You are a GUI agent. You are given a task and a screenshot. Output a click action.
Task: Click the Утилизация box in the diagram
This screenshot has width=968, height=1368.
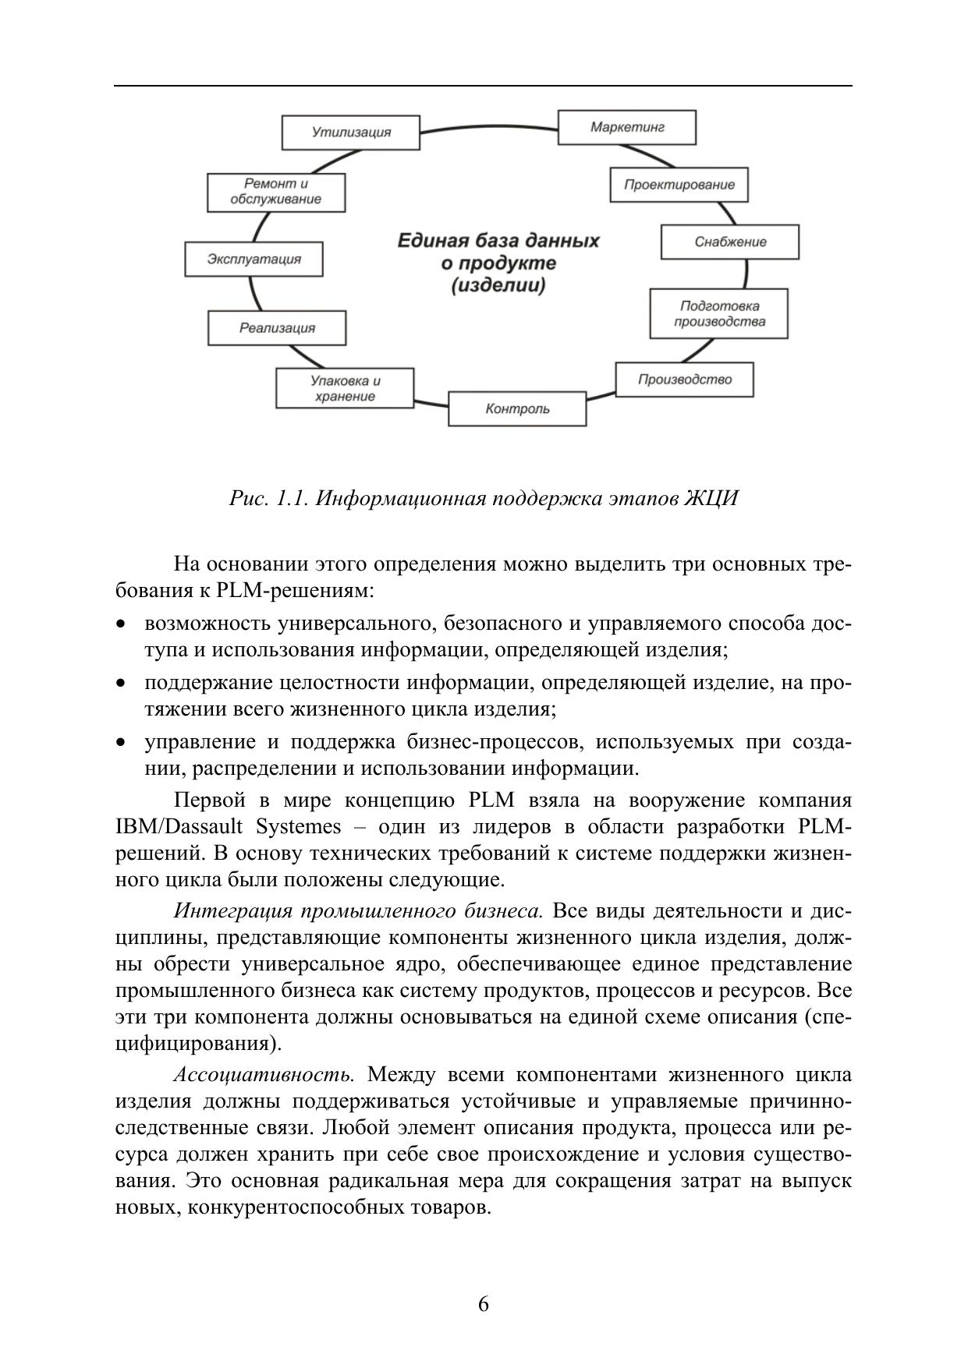click(350, 132)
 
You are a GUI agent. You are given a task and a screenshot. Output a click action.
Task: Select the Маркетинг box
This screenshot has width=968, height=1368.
click(626, 127)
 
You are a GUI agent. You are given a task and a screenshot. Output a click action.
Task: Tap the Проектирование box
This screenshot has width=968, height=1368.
click(679, 185)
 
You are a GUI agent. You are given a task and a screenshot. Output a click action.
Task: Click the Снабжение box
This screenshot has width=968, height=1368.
click(729, 242)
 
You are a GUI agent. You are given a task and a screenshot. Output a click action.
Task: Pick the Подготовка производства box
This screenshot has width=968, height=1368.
click(718, 313)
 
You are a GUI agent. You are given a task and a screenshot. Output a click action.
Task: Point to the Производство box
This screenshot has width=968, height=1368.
click(684, 380)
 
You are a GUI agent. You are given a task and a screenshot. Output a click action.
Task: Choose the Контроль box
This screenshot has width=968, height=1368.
click(516, 408)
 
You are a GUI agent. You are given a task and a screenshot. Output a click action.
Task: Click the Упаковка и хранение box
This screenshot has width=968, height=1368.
click(344, 388)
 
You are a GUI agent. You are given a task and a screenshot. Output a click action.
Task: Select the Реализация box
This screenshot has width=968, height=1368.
click(276, 327)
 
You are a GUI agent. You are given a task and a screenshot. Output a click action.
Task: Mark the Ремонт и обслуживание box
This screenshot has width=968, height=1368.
click(275, 192)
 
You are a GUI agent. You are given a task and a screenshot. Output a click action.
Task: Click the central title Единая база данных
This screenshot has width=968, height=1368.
click(498, 240)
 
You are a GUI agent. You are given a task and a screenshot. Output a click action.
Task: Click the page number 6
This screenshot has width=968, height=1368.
click(484, 1304)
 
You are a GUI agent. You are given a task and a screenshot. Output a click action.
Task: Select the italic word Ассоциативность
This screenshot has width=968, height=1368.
click(264, 1075)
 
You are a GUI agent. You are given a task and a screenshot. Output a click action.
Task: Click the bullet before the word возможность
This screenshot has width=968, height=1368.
click(120, 624)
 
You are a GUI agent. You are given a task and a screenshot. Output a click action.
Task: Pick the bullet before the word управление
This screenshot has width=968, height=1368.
click(120, 743)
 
